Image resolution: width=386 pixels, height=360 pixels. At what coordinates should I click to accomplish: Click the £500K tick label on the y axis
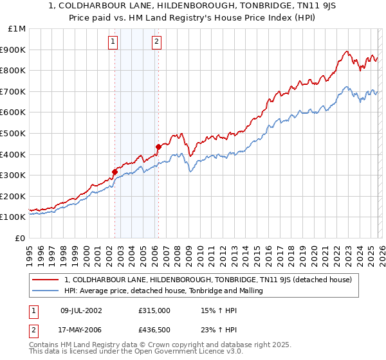13,133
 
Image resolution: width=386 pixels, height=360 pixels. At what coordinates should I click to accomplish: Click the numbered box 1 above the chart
113,42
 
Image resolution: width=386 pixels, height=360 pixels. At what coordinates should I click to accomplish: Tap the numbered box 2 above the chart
156,42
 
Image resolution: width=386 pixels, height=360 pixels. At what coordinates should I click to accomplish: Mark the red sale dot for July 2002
115,172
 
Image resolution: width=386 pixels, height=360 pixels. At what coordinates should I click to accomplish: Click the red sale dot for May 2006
158,147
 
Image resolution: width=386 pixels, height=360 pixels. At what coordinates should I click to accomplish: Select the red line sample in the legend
46,280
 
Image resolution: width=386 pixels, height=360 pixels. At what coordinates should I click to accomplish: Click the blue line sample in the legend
46,291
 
